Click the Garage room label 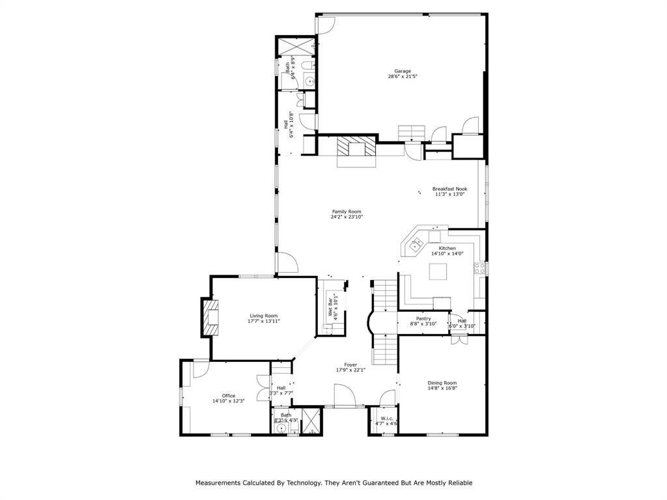(x=402, y=71)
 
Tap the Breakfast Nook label (x=449, y=189)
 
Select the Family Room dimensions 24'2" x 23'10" (x=347, y=217)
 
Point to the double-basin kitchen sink (x=415, y=245)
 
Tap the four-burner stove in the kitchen (x=481, y=268)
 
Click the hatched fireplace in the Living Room (x=210, y=316)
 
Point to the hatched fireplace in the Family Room (x=356, y=147)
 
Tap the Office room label (x=228, y=395)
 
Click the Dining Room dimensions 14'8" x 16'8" (x=442, y=389)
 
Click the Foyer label (x=350, y=365)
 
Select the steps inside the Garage (x=411, y=133)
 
